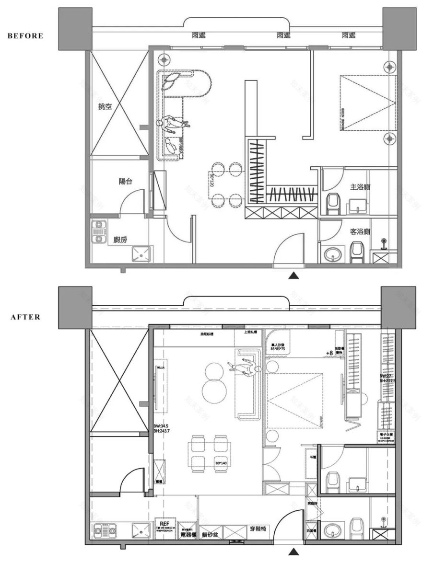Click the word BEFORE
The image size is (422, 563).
(25, 35)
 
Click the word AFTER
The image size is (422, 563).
(25, 317)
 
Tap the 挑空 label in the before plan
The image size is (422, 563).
(105, 107)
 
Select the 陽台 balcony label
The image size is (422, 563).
(126, 182)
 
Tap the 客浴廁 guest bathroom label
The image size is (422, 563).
(360, 232)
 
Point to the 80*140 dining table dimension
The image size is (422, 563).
(220, 463)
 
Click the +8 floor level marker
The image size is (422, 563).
(329, 353)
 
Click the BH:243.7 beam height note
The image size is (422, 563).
(163, 431)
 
